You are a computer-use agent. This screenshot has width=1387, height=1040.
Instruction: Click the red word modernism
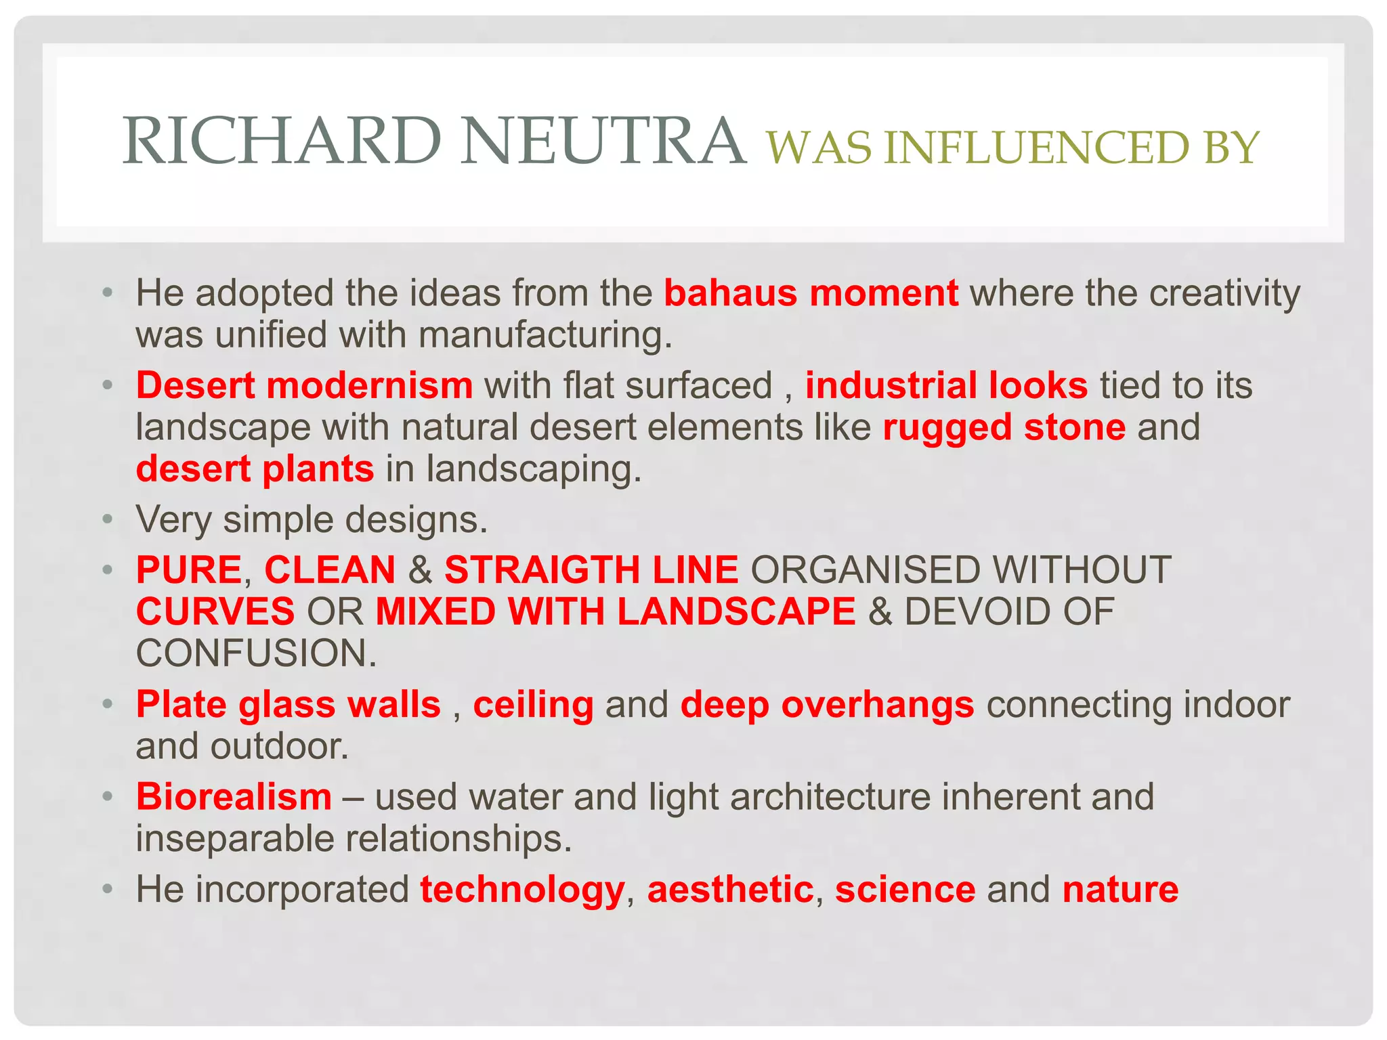point(370,385)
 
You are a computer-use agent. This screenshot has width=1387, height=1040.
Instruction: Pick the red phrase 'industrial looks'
point(946,385)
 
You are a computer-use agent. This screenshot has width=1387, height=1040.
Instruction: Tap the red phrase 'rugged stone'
point(1004,427)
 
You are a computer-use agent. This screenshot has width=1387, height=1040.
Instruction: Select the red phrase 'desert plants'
point(255,469)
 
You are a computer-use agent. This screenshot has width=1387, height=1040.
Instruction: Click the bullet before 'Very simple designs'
point(107,520)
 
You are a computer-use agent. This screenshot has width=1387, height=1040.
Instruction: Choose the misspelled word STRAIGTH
point(542,569)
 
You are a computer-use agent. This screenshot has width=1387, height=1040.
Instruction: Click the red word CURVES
point(215,611)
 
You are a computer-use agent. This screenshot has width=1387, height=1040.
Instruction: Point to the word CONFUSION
point(256,653)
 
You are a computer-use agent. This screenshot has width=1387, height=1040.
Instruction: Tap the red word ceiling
point(533,704)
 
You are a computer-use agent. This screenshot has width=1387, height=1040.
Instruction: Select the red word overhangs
point(878,704)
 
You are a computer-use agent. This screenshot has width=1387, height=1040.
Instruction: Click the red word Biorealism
point(234,796)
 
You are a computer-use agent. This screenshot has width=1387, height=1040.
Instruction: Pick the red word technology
point(521,889)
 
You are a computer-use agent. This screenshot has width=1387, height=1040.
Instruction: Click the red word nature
point(1120,889)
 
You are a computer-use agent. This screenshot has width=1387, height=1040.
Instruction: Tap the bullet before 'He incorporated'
point(107,889)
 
